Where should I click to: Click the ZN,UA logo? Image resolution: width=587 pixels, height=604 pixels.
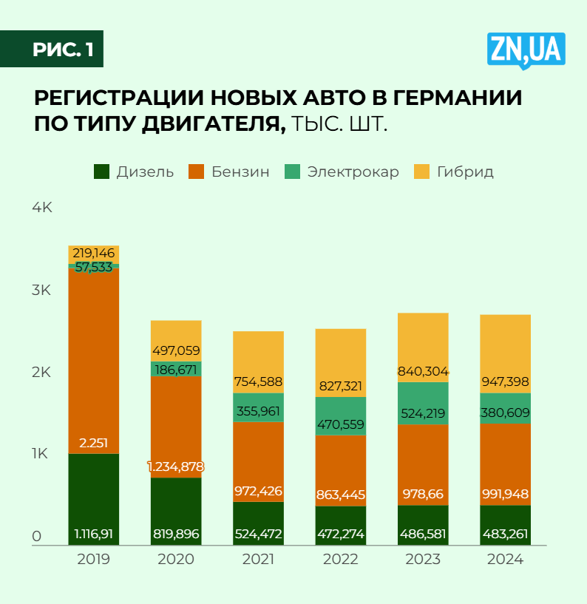[x=526, y=50]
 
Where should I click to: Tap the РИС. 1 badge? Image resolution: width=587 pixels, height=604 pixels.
[x=62, y=50]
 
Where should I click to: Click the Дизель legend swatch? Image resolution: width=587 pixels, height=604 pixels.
[x=102, y=172]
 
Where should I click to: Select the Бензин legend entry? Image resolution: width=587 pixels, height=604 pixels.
[x=229, y=172]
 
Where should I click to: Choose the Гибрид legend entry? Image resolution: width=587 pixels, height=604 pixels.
[x=454, y=172]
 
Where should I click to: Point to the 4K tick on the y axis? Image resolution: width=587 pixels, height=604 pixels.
[x=41, y=208]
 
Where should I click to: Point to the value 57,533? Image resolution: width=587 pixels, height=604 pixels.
[x=94, y=267]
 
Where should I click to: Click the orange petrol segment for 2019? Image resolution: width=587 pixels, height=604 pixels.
[x=94, y=355]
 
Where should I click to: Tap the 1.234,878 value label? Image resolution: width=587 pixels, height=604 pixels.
[x=176, y=466]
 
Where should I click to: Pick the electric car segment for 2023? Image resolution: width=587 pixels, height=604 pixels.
[x=423, y=403]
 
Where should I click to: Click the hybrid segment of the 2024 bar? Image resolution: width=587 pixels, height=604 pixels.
[x=505, y=347]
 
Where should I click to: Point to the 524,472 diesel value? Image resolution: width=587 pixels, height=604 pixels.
[x=259, y=534]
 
